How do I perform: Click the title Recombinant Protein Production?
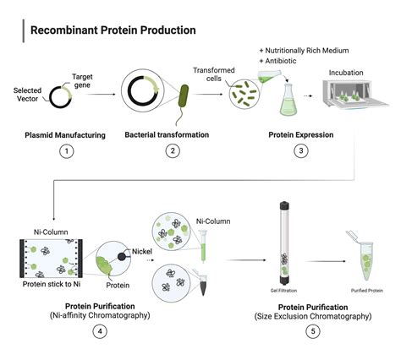tap(113, 30)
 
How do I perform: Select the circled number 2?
tap(172, 152)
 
